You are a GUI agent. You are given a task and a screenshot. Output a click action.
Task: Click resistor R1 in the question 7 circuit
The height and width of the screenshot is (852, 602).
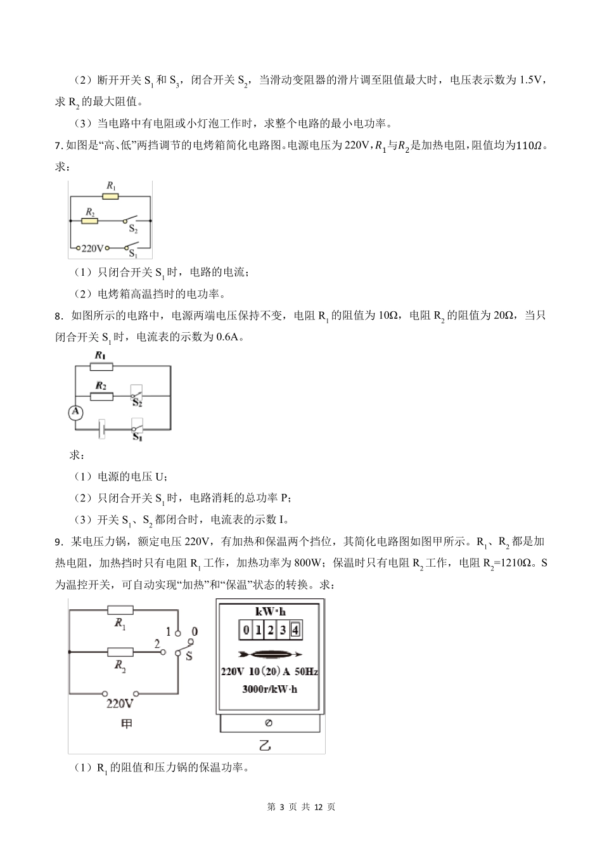tap(111, 197)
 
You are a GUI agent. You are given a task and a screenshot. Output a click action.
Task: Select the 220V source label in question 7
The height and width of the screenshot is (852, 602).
tap(93, 248)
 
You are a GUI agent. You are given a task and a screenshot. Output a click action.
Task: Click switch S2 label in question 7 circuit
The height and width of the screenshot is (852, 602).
tap(134, 230)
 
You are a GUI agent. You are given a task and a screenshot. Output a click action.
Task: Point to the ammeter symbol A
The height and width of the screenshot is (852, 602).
tap(75, 413)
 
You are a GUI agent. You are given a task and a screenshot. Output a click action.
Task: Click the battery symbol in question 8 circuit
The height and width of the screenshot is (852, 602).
tap(99, 429)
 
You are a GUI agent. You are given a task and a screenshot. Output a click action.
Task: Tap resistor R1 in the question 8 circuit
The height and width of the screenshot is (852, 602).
tap(101, 366)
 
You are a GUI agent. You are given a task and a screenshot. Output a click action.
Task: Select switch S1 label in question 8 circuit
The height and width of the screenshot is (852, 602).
tap(136, 437)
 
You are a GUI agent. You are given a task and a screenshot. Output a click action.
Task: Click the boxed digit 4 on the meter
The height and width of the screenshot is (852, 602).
tap(295, 630)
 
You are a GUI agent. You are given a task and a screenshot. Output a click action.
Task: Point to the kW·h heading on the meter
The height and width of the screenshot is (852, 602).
tap(270, 612)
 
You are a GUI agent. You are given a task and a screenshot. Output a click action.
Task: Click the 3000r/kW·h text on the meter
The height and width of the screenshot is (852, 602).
tap(270, 689)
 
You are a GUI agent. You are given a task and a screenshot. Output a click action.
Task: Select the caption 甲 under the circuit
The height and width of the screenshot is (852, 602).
tap(127, 724)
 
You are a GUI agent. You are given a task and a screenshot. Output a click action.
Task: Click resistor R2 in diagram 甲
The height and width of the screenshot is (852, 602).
tap(120, 652)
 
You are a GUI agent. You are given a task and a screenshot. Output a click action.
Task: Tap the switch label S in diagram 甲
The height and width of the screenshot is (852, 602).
tap(188, 656)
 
